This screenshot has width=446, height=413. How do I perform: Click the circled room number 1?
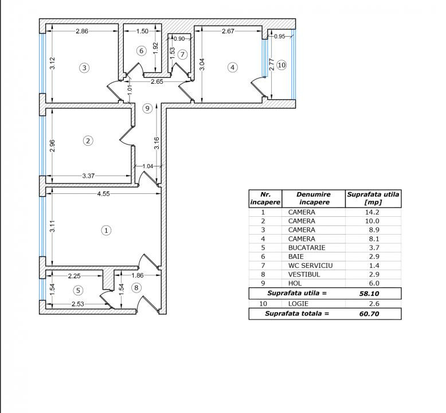[107, 230]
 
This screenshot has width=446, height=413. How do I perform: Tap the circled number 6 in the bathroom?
[142, 51]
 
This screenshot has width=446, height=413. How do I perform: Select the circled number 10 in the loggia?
[281, 65]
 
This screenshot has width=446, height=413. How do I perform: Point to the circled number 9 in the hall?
[147, 108]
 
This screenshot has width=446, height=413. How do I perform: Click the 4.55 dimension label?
[103, 194]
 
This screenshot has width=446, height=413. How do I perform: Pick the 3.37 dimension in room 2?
[88, 176]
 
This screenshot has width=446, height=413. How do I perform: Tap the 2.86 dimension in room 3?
[82, 31]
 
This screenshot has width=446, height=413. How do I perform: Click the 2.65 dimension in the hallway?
[157, 81]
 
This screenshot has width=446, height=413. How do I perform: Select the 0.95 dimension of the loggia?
[280, 37]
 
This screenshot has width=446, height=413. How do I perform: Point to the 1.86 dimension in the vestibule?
[138, 275]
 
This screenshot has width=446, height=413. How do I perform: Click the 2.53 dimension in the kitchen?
[77, 304]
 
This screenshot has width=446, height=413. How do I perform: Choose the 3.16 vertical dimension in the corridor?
[157, 143]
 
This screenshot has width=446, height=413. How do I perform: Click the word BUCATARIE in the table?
[307, 248]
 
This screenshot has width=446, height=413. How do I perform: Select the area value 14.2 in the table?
[372, 212]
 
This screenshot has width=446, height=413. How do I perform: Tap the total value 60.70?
[369, 314]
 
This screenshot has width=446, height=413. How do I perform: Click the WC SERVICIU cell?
[310, 266]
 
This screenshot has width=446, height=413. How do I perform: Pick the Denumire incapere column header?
[314, 198]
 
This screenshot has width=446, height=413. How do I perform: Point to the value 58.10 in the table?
[369, 294]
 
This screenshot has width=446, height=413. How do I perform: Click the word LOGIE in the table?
[298, 303]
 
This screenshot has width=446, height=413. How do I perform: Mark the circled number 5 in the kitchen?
[78, 290]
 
